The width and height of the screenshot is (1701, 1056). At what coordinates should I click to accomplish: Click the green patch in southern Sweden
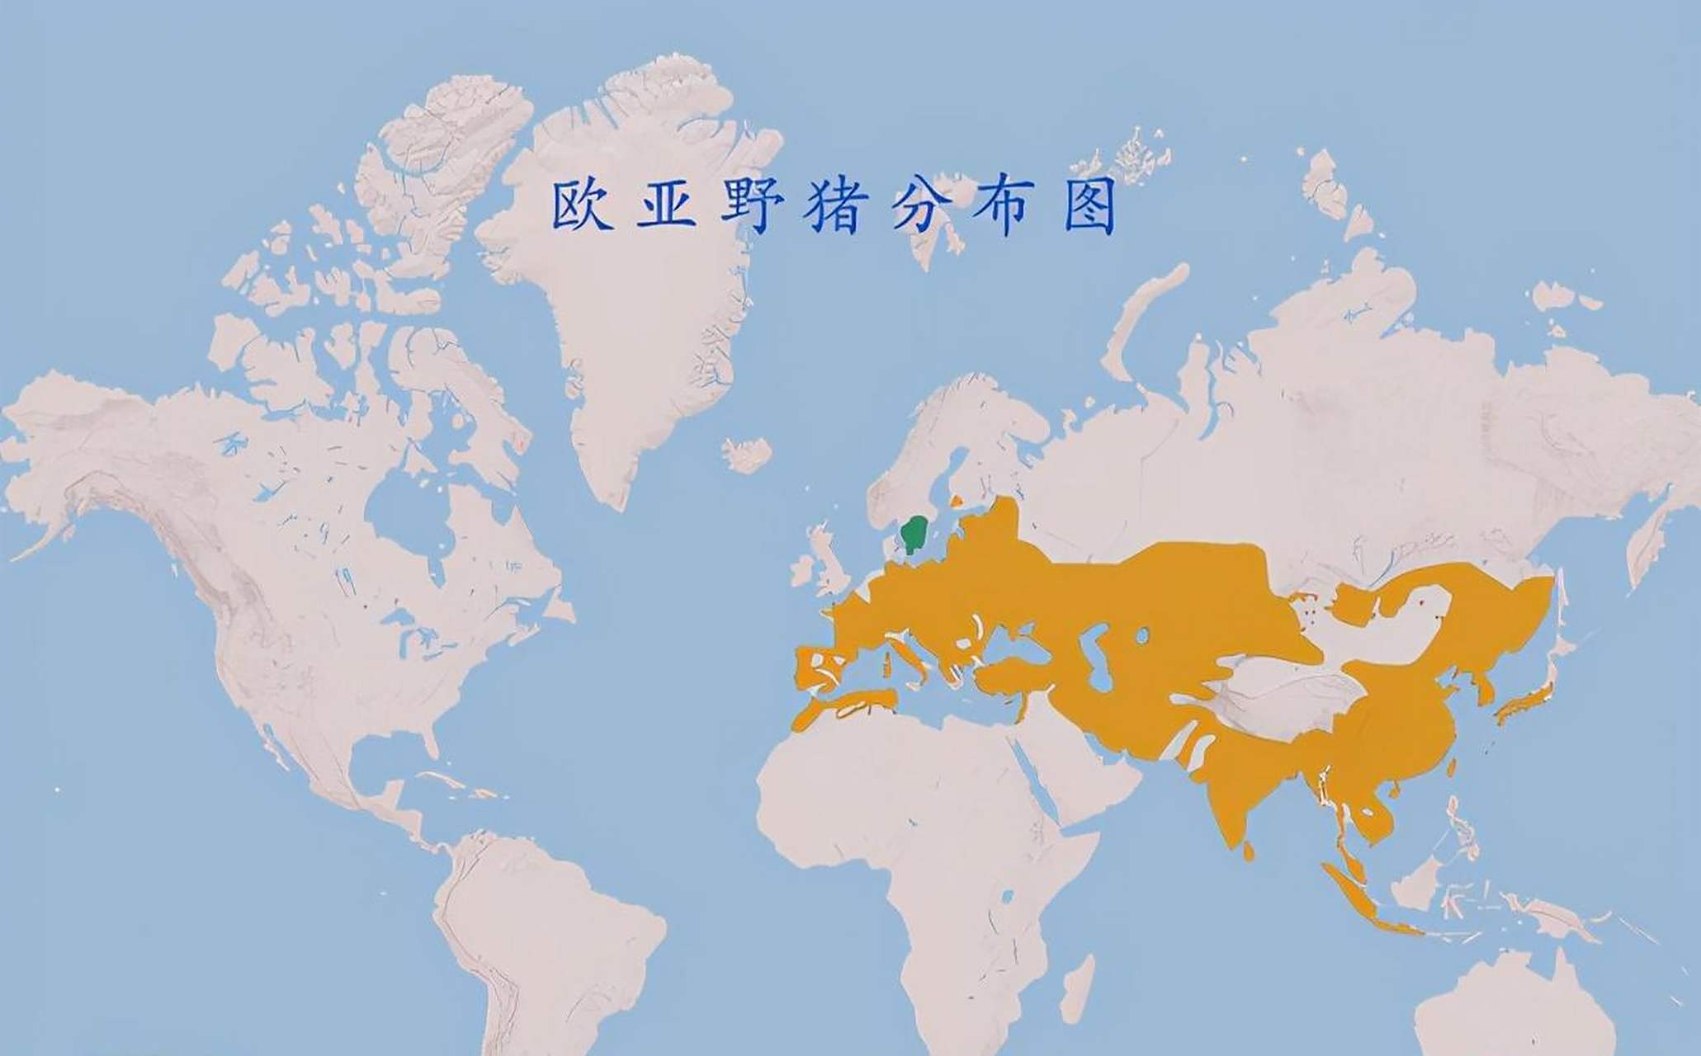click(x=914, y=533)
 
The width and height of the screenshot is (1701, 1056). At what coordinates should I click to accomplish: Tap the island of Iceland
click(x=747, y=454)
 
